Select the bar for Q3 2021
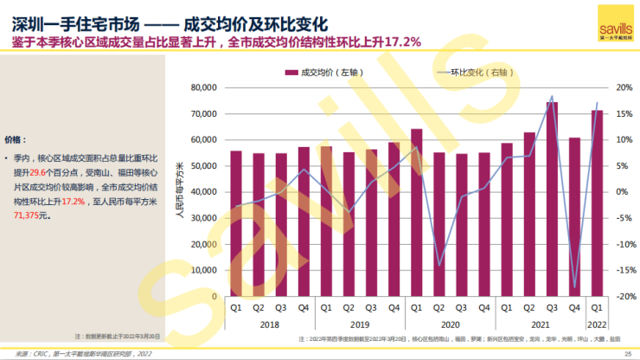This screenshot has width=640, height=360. pyautogui.click(x=551, y=199)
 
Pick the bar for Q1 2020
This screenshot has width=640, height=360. pyautogui.click(x=416, y=212)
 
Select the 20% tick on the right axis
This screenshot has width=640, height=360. pyautogui.click(x=624, y=87)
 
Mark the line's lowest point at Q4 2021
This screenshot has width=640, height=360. pyautogui.click(x=574, y=286)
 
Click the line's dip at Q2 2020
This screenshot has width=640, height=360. pyautogui.click(x=438, y=265)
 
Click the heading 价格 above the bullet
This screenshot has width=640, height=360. pyautogui.click(x=15, y=138)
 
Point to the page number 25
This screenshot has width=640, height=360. pyautogui.click(x=629, y=353)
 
